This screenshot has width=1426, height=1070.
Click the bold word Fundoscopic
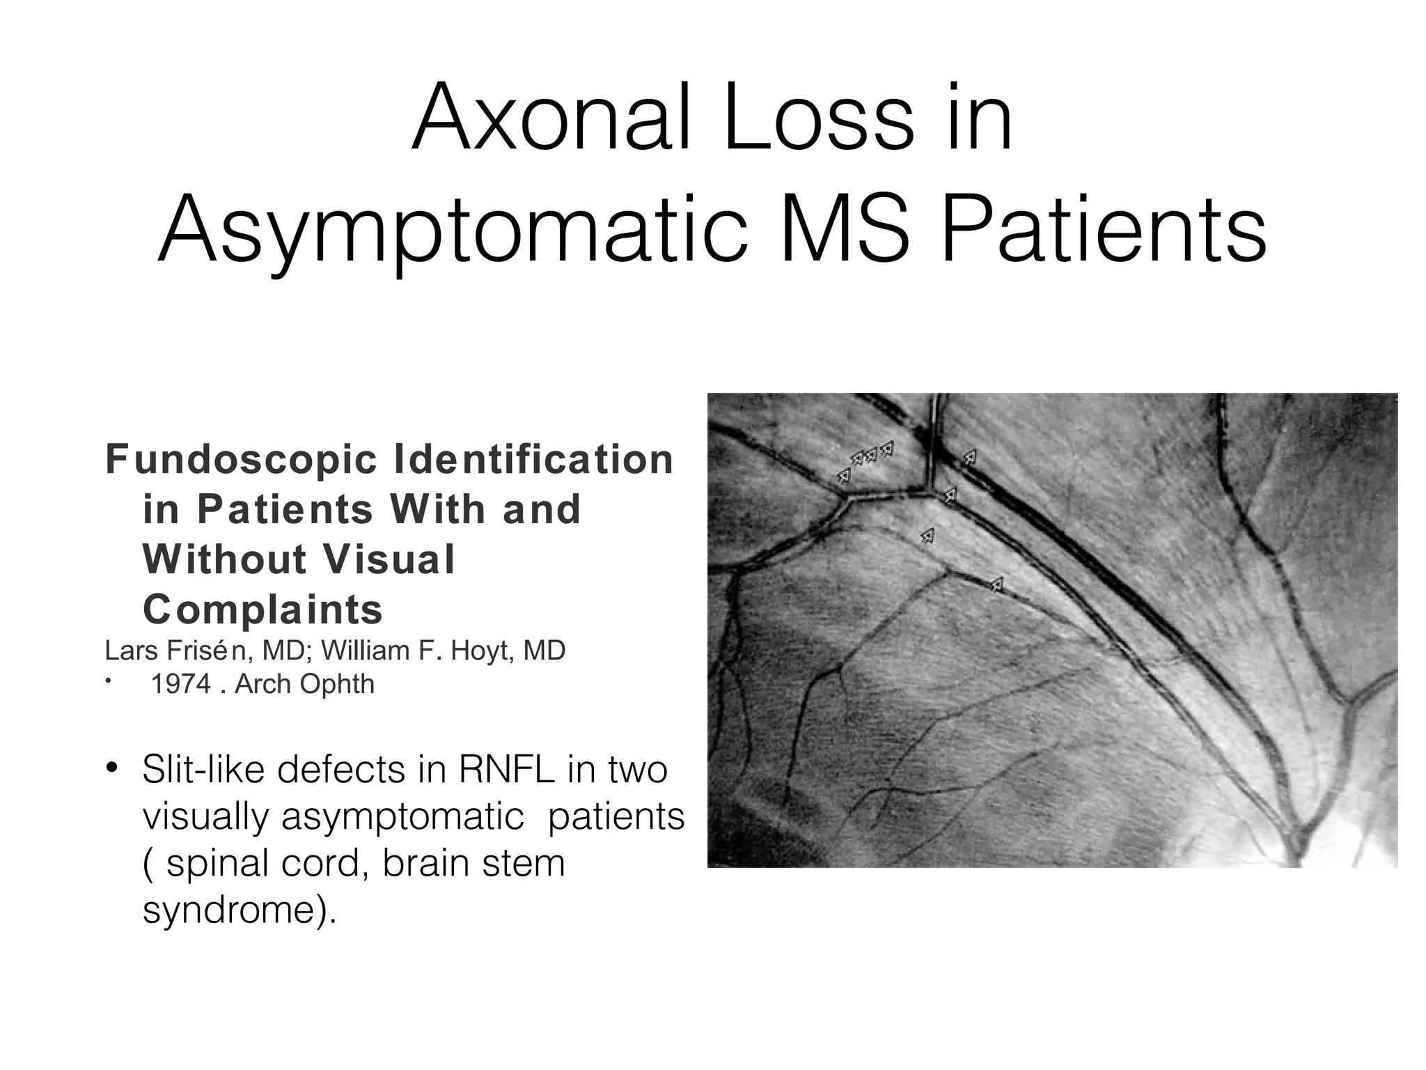(240, 460)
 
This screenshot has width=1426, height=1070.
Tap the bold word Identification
(535, 460)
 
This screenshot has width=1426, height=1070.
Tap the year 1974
(181, 684)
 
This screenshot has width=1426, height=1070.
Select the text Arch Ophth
(304, 684)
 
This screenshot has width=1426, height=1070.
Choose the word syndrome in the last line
(230, 910)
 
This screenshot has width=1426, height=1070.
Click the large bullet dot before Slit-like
(113, 769)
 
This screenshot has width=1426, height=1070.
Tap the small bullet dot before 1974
(109, 682)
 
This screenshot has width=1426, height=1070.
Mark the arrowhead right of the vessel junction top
(969, 458)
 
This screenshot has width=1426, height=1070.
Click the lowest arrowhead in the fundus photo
(997, 584)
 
